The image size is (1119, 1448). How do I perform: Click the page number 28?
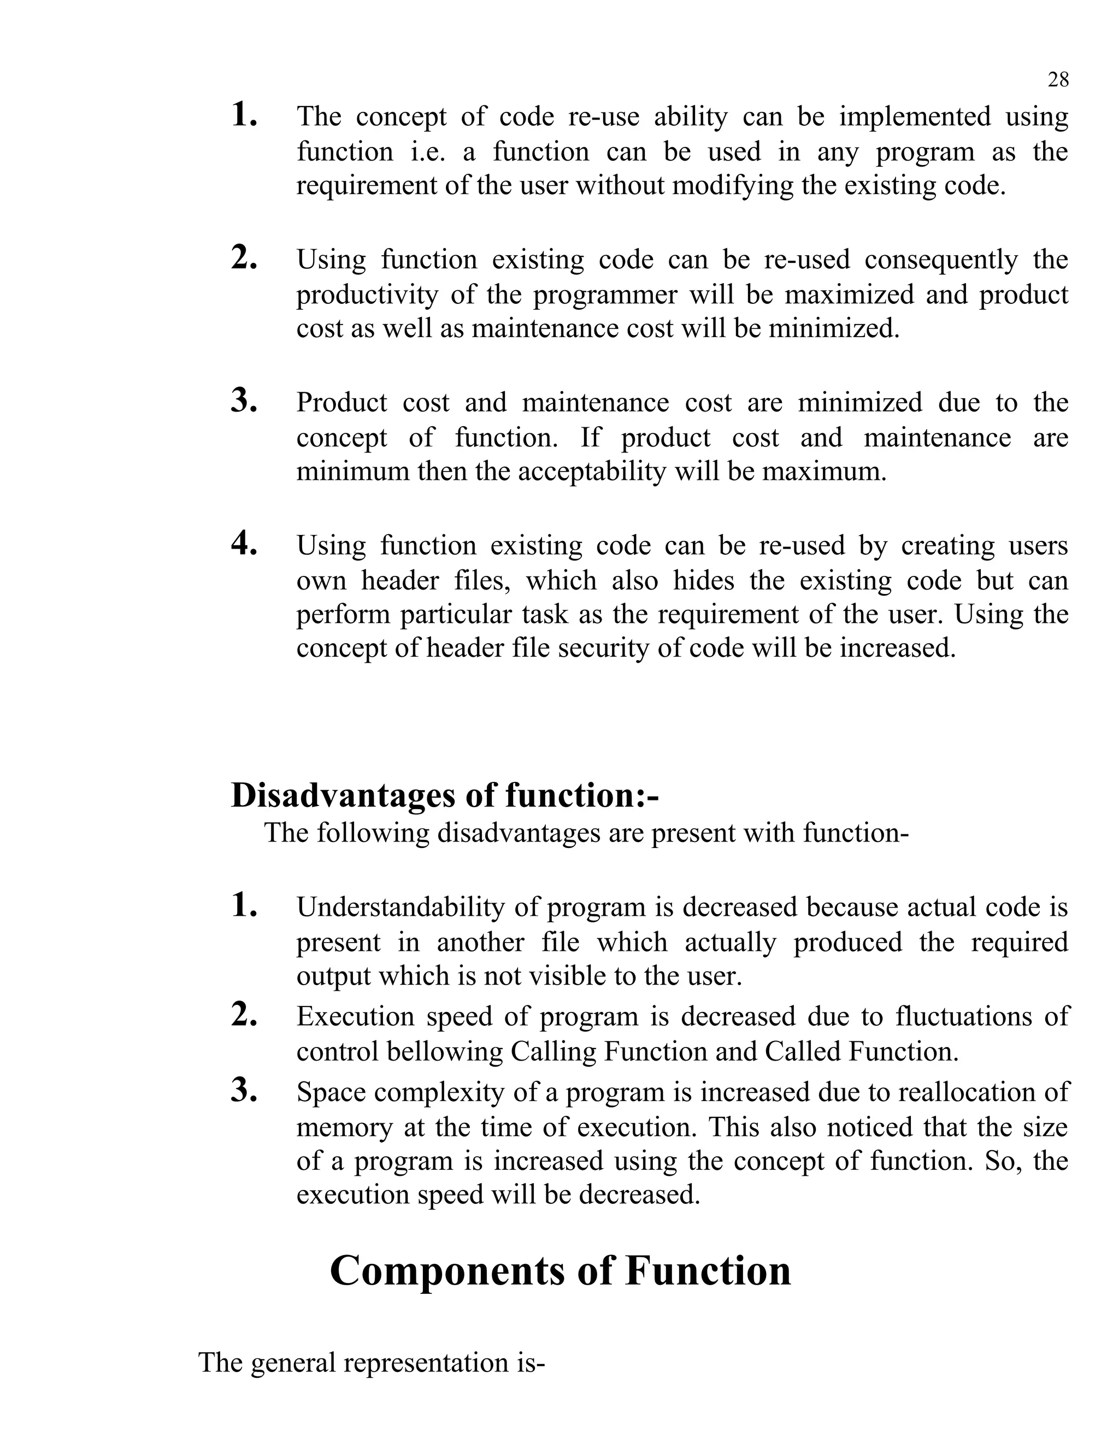pyautogui.click(x=1057, y=80)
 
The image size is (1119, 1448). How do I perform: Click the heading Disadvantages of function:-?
pyautogui.click(x=444, y=795)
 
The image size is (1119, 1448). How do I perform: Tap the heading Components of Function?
pyautogui.click(x=560, y=1271)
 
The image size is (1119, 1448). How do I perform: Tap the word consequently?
pyautogui.click(x=941, y=259)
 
